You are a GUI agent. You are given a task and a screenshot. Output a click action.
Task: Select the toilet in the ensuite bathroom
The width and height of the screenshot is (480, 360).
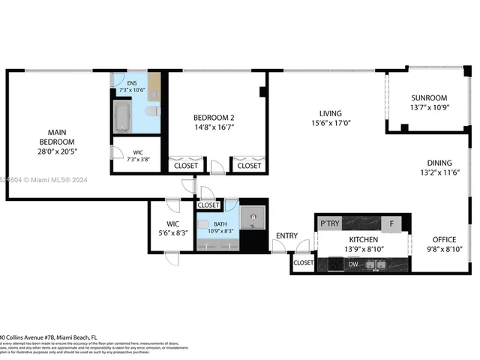coord(152,111)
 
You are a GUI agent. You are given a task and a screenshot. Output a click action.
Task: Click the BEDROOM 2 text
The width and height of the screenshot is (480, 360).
coord(214,117)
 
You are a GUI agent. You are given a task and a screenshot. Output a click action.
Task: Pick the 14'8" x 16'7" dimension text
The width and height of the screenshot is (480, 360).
coord(214,129)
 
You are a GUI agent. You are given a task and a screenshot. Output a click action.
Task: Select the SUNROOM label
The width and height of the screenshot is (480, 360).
coord(429,97)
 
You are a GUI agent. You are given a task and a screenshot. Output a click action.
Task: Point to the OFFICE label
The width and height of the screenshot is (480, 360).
coord(444,239)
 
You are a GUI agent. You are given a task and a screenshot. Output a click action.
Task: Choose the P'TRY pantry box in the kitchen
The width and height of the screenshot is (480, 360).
coord(330,223)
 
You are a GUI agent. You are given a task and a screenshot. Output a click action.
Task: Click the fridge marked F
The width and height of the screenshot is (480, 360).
coord(391,223)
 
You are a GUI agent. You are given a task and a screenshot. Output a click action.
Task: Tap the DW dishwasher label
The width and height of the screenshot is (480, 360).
coord(352,264)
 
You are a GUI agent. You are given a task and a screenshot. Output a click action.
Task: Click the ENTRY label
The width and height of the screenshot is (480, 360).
coord(286,235)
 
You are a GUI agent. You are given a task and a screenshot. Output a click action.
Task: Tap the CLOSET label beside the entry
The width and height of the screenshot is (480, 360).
coord(304,263)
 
